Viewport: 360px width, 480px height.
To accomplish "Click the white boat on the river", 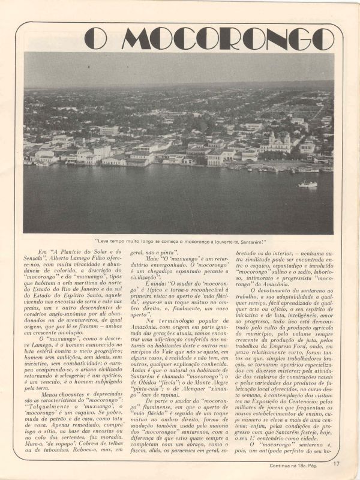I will click(x=308, y=184).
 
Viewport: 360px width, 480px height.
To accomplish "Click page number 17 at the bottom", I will click(x=337, y=463).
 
